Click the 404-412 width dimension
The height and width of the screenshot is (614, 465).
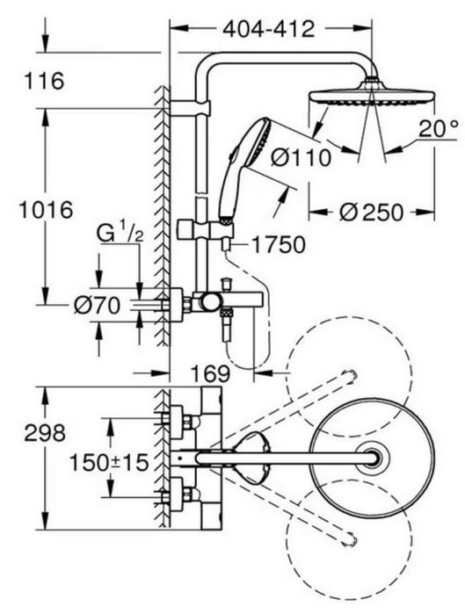pos(268,29)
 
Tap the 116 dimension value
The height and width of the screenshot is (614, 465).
pos(44,82)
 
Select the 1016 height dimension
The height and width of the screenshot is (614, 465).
pos(47,210)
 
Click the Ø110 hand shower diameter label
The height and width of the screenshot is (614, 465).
pos(301,158)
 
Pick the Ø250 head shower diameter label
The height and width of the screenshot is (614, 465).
pos(371,213)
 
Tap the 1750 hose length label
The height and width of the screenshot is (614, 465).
pos(278,245)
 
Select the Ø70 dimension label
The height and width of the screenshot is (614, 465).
pos(97,306)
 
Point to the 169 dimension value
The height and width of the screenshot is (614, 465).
pos(210,373)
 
